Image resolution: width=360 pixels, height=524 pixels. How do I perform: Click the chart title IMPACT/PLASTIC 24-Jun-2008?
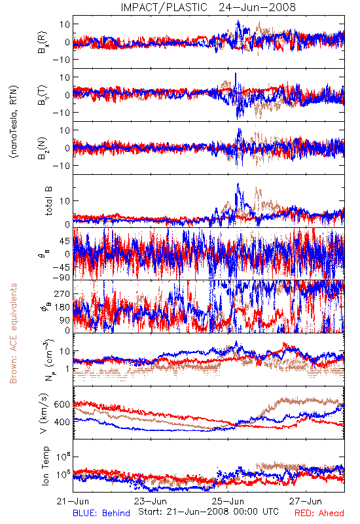coord(208,7)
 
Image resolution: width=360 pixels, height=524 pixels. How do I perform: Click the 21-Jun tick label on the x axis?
coord(73,501)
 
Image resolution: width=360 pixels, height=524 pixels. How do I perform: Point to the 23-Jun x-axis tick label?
coord(151,501)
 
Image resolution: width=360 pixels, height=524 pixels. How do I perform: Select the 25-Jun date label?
coord(228,501)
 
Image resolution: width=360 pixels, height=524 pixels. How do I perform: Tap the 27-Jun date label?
coord(306,501)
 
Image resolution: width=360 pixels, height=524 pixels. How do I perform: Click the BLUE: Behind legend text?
coord(101,513)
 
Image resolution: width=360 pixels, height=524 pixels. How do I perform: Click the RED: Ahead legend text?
coord(319,513)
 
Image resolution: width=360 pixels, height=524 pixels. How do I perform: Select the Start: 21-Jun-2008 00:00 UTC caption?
coord(208,512)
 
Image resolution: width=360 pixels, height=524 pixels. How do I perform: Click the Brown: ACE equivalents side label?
coord(13,333)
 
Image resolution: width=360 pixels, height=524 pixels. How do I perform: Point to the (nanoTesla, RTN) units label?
coord(14,122)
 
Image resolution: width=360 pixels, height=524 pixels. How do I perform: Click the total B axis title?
coord(48,201)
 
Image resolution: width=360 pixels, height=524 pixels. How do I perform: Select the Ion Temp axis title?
coord(45,466)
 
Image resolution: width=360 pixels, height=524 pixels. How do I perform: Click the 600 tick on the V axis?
coord(62,404)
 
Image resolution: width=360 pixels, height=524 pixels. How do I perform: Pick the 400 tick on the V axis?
coord(62,422)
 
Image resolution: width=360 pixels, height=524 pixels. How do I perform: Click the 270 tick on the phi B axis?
coord(62,293)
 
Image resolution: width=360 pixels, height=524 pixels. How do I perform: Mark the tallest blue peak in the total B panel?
coord(238,183)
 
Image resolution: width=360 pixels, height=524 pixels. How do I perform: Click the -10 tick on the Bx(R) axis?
coord(61,60)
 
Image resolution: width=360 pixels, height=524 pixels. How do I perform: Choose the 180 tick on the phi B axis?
coord(62,307)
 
